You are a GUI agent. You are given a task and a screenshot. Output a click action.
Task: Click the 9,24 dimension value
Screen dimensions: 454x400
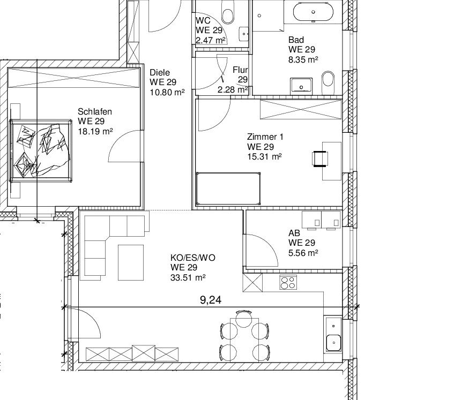pos(211,300)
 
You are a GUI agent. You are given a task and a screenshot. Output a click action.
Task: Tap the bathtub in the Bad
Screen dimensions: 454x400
pos(313,12)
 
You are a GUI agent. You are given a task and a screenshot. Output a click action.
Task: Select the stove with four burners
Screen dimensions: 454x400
pos(288,282)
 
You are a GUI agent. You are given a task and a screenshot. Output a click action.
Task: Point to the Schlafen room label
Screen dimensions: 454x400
pos(95,111)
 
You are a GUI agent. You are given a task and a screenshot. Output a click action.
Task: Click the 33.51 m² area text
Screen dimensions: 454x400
pos(188,278)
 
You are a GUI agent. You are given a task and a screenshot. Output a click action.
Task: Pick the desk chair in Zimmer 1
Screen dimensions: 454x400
pos(320,159)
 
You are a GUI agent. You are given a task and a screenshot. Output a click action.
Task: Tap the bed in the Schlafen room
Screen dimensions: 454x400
pos(41,150)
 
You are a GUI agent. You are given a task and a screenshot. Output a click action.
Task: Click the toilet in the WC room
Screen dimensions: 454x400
pos(228,14)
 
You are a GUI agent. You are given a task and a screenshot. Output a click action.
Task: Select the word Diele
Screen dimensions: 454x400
pos(160,72)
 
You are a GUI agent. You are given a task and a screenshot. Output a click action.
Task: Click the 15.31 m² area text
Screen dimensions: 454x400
pos(264,157)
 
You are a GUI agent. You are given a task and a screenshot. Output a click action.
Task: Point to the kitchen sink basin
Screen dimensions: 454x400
pos(333,343)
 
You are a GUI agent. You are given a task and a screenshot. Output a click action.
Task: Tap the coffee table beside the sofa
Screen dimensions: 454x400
pos(131,262)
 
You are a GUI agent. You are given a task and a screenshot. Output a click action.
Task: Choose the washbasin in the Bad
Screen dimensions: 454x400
pos(301,86)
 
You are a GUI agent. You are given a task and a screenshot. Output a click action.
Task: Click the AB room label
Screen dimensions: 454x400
pos(294,233)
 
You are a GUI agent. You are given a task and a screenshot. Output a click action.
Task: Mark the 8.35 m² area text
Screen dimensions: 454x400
pos(303,60)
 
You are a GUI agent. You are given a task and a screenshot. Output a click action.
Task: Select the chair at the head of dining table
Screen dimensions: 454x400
pos(244,318)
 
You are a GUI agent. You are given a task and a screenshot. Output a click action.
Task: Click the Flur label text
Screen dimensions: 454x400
pos(240,70)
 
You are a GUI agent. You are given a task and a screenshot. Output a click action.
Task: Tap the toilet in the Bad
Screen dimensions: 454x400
pos(328,79)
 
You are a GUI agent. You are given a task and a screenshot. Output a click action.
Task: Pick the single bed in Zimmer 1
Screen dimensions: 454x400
pos(228,188)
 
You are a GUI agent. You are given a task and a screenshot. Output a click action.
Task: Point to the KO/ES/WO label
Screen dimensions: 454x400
pos(193,258)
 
